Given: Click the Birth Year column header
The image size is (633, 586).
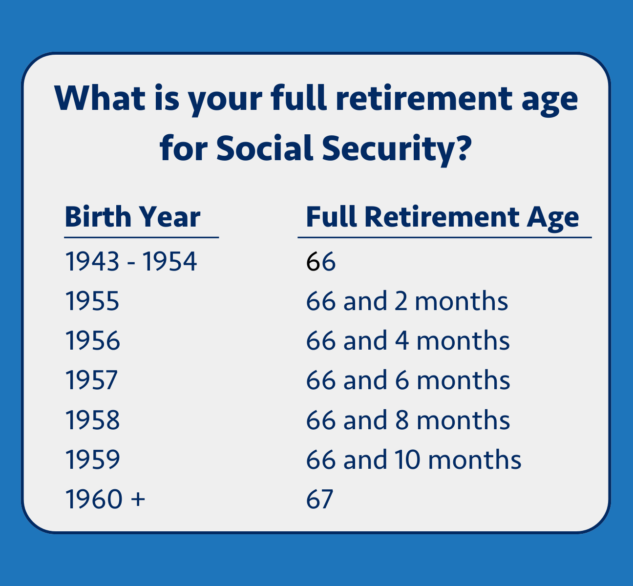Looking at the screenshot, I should pyautogui.click(x=132, y=217).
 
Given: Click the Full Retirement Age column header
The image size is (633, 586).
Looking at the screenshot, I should pyautogui.click(x=442, y=217).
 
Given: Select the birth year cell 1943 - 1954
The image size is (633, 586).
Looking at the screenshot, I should pyautogui.click(x=131, y=262).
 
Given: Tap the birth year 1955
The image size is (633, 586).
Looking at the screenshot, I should pyautogui.click(x=92, y=301).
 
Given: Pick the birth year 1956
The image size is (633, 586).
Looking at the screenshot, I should pyautogui.click(x=92, y=341).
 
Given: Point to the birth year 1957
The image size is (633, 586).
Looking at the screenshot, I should pyautogui.click(x=92, y=380).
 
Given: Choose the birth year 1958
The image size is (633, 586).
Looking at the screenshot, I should pyautogui.click(x=92, y=420).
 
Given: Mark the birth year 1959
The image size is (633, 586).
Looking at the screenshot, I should pyautogui.click(x=92, y=460).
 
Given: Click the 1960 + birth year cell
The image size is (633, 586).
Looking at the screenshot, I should pyautogui.click(x=105, y=499).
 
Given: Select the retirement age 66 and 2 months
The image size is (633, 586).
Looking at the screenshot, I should pyautogui.click(x=407, y=301).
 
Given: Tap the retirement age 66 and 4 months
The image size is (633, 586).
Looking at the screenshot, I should pyautogui.click(x=408, y=341).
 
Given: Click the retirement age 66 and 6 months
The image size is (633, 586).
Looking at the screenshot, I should pyautogui.click(x=408, y=380).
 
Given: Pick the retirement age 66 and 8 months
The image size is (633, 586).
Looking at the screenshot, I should pyautogui.click(x=408, y=420).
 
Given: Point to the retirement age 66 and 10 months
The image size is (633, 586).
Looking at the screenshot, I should pyautogui.click(x=414, y=460).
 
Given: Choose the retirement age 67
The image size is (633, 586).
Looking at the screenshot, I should pyautogui.click(x=319, y=499).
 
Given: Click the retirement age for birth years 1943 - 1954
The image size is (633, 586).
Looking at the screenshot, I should pyautogui.click(x=320, y=262).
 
